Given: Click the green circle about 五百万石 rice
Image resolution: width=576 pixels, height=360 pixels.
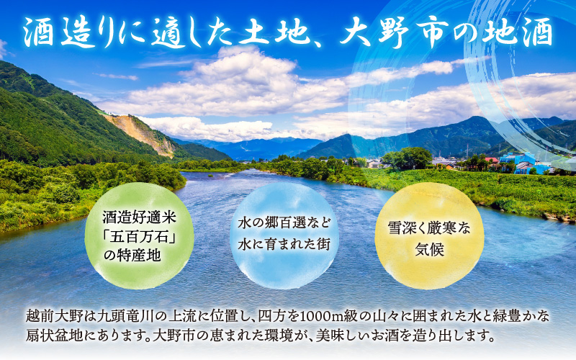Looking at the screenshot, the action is pyautogui.click(x=139, y=235).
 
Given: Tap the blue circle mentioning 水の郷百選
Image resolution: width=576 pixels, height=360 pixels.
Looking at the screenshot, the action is pyautogui.click(x=284, y=235).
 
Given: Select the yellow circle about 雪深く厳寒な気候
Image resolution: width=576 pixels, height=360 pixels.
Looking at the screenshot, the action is pyautogui.click(x=429, y=235).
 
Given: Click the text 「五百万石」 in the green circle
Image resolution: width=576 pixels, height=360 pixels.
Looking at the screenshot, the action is pyautogui.click(x=139, y=236).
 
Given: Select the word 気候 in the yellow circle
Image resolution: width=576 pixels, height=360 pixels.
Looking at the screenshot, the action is pyautogui.click(x=429, y=250).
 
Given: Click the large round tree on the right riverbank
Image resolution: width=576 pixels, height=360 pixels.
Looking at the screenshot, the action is pyautogui.click(x=407, y=158).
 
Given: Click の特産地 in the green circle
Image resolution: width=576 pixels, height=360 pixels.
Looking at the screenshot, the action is pyautogui.click(x=132, y=256).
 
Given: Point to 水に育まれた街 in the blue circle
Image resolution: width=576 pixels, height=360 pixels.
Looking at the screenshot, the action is pyautogui.click(x=284, y=244).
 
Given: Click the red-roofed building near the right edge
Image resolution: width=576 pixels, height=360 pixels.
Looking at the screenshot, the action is pyautogui.click(x=492, y=160).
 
